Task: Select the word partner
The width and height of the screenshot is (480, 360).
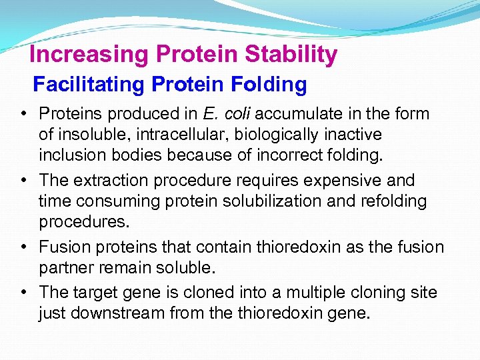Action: coord(68,267)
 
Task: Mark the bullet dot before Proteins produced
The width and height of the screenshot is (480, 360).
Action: coord(23,114)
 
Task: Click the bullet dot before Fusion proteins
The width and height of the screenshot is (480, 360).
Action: coord(23,247)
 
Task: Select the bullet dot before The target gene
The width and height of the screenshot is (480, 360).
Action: coord(23,293)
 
